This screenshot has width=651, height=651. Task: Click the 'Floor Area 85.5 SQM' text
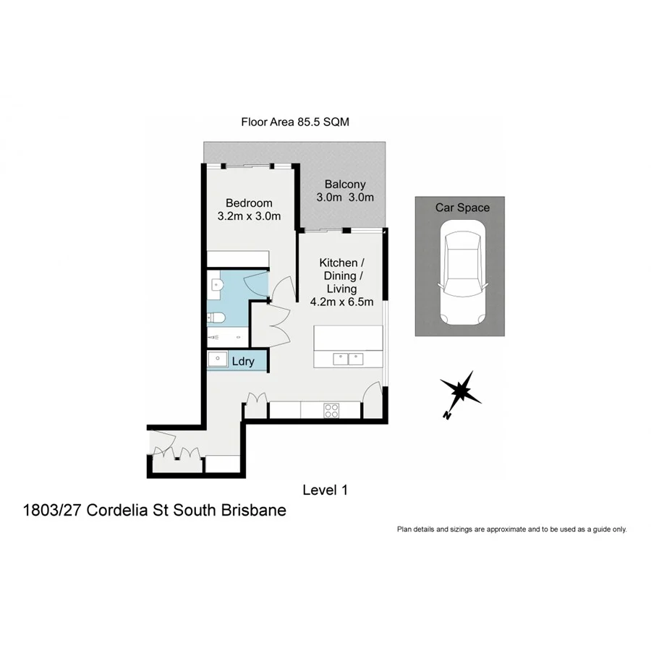(295, 122)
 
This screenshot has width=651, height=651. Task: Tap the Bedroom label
(248, 203)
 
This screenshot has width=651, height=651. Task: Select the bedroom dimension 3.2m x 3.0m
(248, 216)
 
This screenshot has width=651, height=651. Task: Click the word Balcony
(344, 184)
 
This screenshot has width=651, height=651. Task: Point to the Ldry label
(243, 361)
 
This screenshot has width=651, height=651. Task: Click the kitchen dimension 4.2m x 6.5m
(341, 302)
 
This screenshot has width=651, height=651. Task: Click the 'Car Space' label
(461, 208)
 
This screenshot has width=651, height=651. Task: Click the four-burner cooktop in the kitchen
(331, 411)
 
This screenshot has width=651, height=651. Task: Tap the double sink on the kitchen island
(348, 358)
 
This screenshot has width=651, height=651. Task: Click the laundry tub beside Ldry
(216, 359)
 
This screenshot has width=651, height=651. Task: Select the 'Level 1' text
(325, 490)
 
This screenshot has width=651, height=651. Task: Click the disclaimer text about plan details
(511, 529)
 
